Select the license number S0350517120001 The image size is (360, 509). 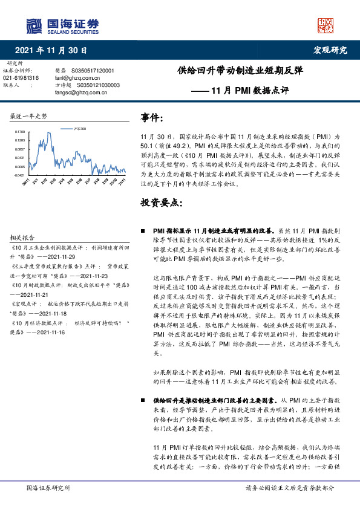coord(93,71)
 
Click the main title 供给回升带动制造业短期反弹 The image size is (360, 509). coord(241,70)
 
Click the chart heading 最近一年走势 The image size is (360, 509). coord(29,115)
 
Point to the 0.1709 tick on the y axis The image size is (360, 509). coord(20,131)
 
